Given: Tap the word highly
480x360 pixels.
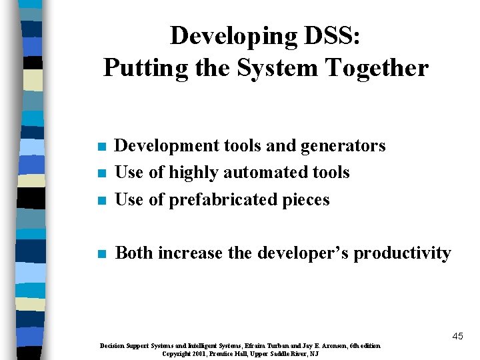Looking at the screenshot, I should pyautogui.click(x=193, y=172).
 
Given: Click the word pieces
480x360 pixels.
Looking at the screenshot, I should pyautogui.click(x=305, y=199).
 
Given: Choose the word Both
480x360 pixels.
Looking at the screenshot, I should pyautogui.click(x=133, y=253).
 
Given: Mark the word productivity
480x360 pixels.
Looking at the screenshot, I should pyautogui.click(x=402, y=253).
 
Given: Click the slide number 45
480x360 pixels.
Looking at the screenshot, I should pyautogui.click(x=457, y=336).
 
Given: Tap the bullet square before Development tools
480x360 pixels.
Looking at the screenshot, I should pyautogui.click(x=101, y=147).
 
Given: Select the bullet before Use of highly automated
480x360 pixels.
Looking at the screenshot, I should pyautogui.click(x=101, y=173).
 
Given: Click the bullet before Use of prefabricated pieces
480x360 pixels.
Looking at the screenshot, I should pyautogui.click(x=101, y=201).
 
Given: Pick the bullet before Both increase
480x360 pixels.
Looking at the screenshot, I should pyautogui.click(x=101, y=254).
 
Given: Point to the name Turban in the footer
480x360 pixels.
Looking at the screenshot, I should pyautogui.click(x=276, y=346).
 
